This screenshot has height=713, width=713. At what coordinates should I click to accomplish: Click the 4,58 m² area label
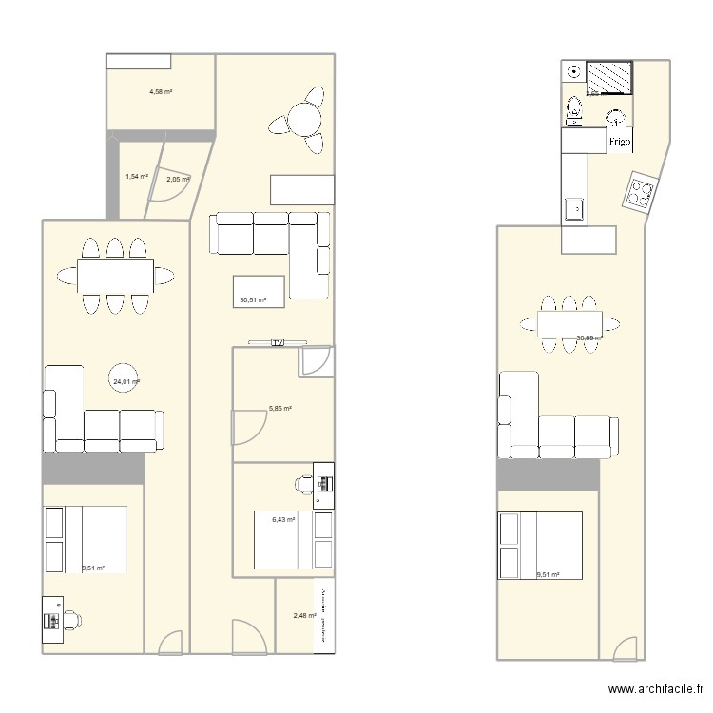(x=160, y=92)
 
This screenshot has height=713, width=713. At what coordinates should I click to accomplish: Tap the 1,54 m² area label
(x=137, y=176)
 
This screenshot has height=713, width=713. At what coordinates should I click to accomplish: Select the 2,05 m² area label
(x=178, y=179)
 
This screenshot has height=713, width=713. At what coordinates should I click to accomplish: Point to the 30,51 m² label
(x=253, y=299)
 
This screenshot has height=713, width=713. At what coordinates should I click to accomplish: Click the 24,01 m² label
(x=126, y=382)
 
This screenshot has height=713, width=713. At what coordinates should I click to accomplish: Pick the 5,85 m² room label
(x=279, y=409)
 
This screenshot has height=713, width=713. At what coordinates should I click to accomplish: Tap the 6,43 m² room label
(x=283, y=519)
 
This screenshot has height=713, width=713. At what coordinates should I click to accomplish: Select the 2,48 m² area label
(x=304, y=616)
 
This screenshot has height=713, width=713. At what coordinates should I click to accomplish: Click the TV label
(x=278, y=342)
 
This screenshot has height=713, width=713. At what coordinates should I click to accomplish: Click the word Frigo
(x=620, y=143)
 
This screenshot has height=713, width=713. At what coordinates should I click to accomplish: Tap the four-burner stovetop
(x=639, y=194)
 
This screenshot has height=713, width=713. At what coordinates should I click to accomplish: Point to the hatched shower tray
(x=608, y=77)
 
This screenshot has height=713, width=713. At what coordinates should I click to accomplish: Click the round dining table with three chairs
(x=302, y=121)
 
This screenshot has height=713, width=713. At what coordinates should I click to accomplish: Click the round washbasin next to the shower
(x=574, y=72)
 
